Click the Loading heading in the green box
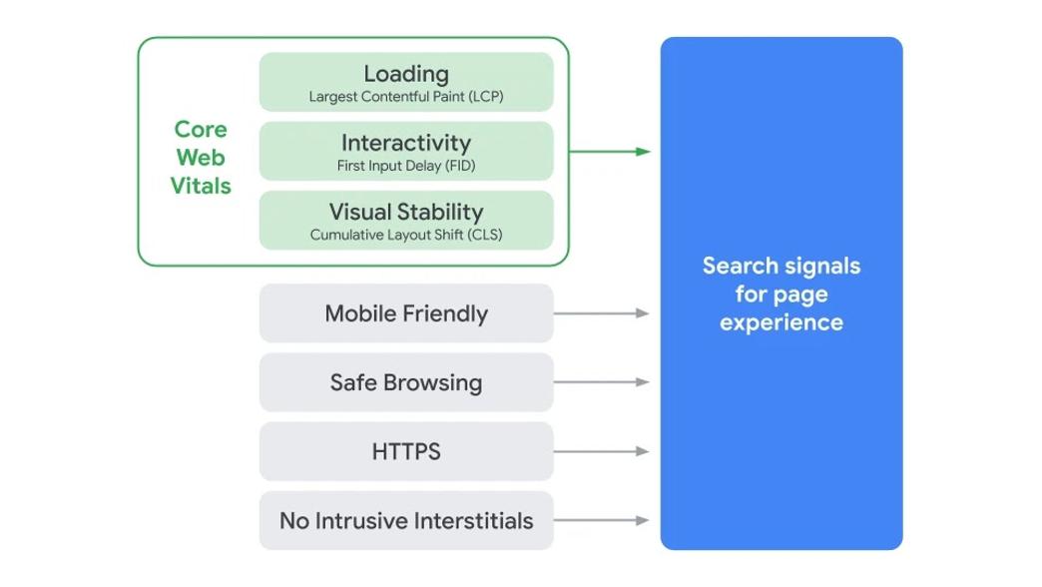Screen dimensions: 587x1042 [405, 74]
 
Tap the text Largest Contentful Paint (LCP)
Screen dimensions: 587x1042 [405, 97]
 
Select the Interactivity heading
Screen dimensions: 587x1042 [405, 143]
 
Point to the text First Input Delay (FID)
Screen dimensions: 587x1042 [405, 166]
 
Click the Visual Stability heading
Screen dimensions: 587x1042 [405, 212]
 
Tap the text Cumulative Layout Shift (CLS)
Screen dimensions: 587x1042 [405, 235]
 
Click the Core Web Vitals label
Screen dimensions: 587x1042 [201, 157]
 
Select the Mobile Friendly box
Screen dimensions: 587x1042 [405, 313]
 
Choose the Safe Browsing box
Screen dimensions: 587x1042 [405, 382]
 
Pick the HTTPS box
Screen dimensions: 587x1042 [405, 451]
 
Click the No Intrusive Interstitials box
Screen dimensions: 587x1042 [405, 520]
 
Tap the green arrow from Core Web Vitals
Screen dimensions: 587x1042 [609, 152]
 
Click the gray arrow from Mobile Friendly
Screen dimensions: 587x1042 [601, 313]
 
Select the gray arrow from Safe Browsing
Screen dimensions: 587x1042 [601, 382]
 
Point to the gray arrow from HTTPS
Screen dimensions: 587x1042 [601, 451]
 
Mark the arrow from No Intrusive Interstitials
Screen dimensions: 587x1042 [601, 520]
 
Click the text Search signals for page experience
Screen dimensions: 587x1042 [781, 293]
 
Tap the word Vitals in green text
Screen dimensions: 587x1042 [201, 186]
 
